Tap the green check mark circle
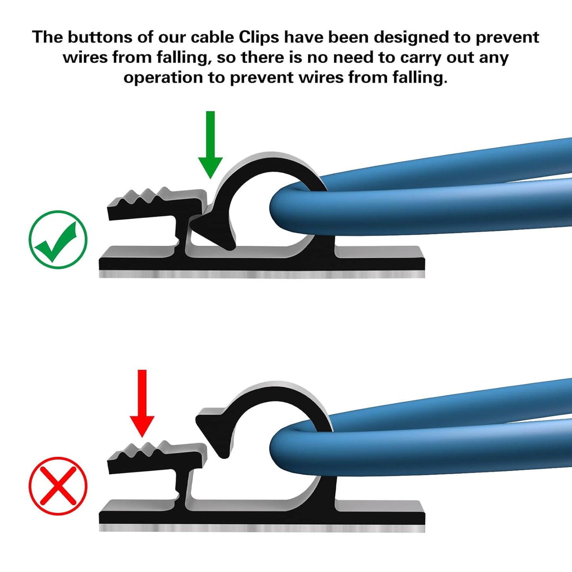point(58,240)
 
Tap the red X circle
point(58,486)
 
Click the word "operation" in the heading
point(163,77)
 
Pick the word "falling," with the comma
point(184,57)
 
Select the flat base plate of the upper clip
point(261,263)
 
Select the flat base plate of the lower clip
point(261,517)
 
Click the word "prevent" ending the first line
point(507,38)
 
